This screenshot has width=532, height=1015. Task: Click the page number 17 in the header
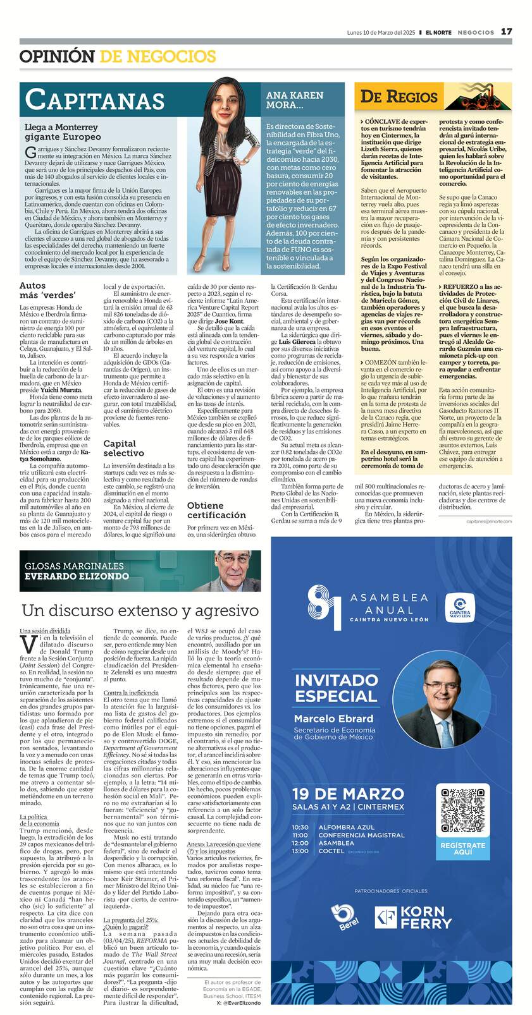pyautogui.click(x=507, y=32)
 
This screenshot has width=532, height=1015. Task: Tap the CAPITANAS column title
pyautogui.click(x=95, y=100)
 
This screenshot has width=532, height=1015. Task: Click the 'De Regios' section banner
pyautogui.click(x=399, y=97)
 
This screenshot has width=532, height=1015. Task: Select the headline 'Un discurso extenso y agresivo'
pyautogui.click(x=140, y=611)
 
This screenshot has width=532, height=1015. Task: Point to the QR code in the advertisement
pyautogui.click(x=463, y=810)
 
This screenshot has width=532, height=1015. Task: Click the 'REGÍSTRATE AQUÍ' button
pyautogui.click(x=463, y=849)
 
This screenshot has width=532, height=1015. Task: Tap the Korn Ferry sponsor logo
pyautogui.click(x=413, y=918)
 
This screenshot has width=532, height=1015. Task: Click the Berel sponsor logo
pyautogui.click(x=345, y=918)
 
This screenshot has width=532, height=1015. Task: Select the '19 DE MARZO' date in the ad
pyautogui.click(x=347, y=794)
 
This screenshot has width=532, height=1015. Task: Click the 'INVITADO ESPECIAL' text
pyautogui.click(x=336, y=688)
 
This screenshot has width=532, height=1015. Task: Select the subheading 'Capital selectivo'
pyautogui.click(x=124, y=448)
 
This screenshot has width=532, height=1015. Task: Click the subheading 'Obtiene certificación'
pyautogui.click(x=216, y=510)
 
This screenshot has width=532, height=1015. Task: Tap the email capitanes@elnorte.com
pyautogui.click(x=489, y=521)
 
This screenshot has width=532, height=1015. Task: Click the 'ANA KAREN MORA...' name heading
pyautogui.click(x=295, y=99)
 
